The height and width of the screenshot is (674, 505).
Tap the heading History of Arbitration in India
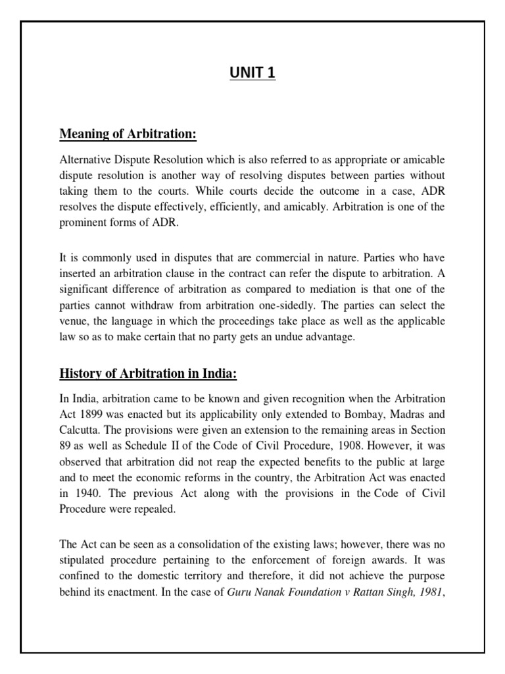click(x=148, y=373)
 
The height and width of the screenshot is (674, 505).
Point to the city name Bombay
click(x=356, y=415)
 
